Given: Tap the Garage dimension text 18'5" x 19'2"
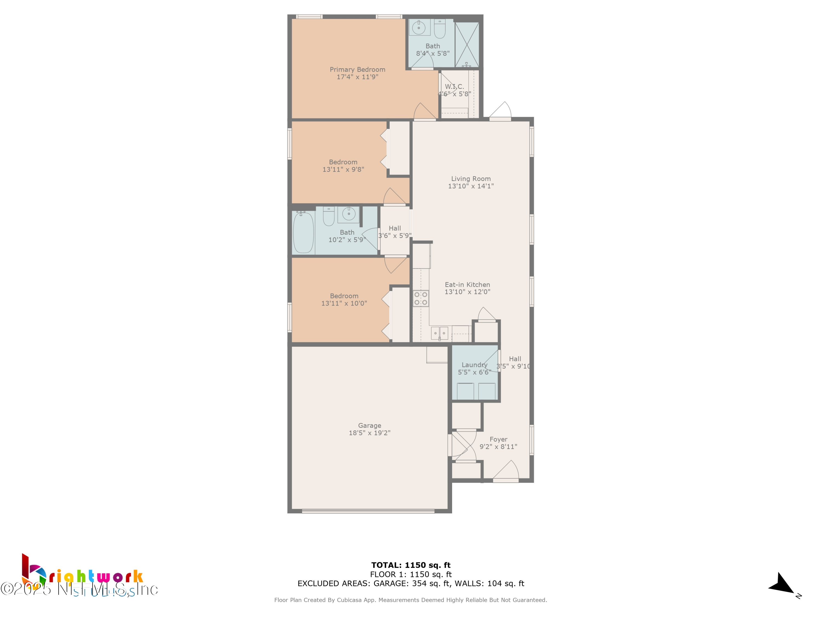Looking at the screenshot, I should [x=369, y=433].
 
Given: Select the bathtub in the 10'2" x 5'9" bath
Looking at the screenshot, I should [x=303, y=233].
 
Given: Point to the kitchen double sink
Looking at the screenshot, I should [x=439, y=333].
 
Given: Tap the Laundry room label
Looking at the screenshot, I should [x=474, y=365].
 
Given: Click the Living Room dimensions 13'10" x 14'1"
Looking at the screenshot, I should [x=470, y=186].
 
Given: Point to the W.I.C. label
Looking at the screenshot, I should [x=455, y=87].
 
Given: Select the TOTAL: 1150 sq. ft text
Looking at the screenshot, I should [x=411, y=565].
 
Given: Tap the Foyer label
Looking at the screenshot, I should [x=498, y=439].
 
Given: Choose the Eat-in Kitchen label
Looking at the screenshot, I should [x=467, y=285].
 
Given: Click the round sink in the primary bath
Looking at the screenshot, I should [x=419, y=27].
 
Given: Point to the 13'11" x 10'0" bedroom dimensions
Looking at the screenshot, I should [x=344, y=303].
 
